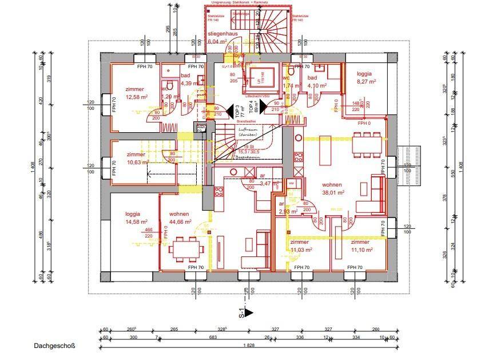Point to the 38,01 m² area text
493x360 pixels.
[332, 193]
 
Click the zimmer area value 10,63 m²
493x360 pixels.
[137, 162]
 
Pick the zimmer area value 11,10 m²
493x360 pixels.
[363, 250]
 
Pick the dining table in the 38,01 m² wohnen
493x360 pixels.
[367, 144]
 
